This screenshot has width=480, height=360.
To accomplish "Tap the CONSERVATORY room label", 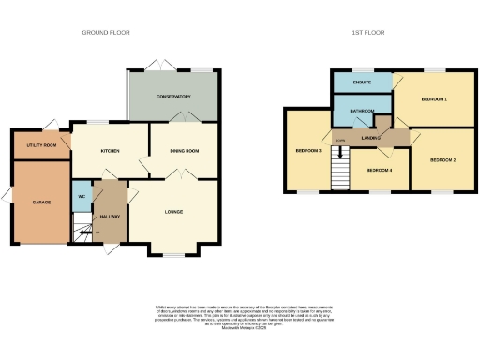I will pos(173,97).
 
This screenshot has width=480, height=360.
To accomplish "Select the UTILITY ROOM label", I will pos(41,145).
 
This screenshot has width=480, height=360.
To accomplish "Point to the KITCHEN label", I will pos(111,151).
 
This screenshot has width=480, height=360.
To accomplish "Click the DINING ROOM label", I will pos(184,151).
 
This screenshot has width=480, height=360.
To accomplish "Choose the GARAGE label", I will pos(41,202).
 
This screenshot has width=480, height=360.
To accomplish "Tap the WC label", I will pos(82,196).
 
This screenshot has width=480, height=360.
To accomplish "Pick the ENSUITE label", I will pos(363,82).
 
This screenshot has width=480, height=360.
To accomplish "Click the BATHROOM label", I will pos(362,111).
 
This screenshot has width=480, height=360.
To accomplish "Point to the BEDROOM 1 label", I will pos(433,98).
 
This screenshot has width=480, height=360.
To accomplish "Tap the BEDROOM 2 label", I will pos(442,160).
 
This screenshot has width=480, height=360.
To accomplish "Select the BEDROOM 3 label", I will pos(307,151).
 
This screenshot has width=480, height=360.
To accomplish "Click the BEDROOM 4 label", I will pos(379,170).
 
